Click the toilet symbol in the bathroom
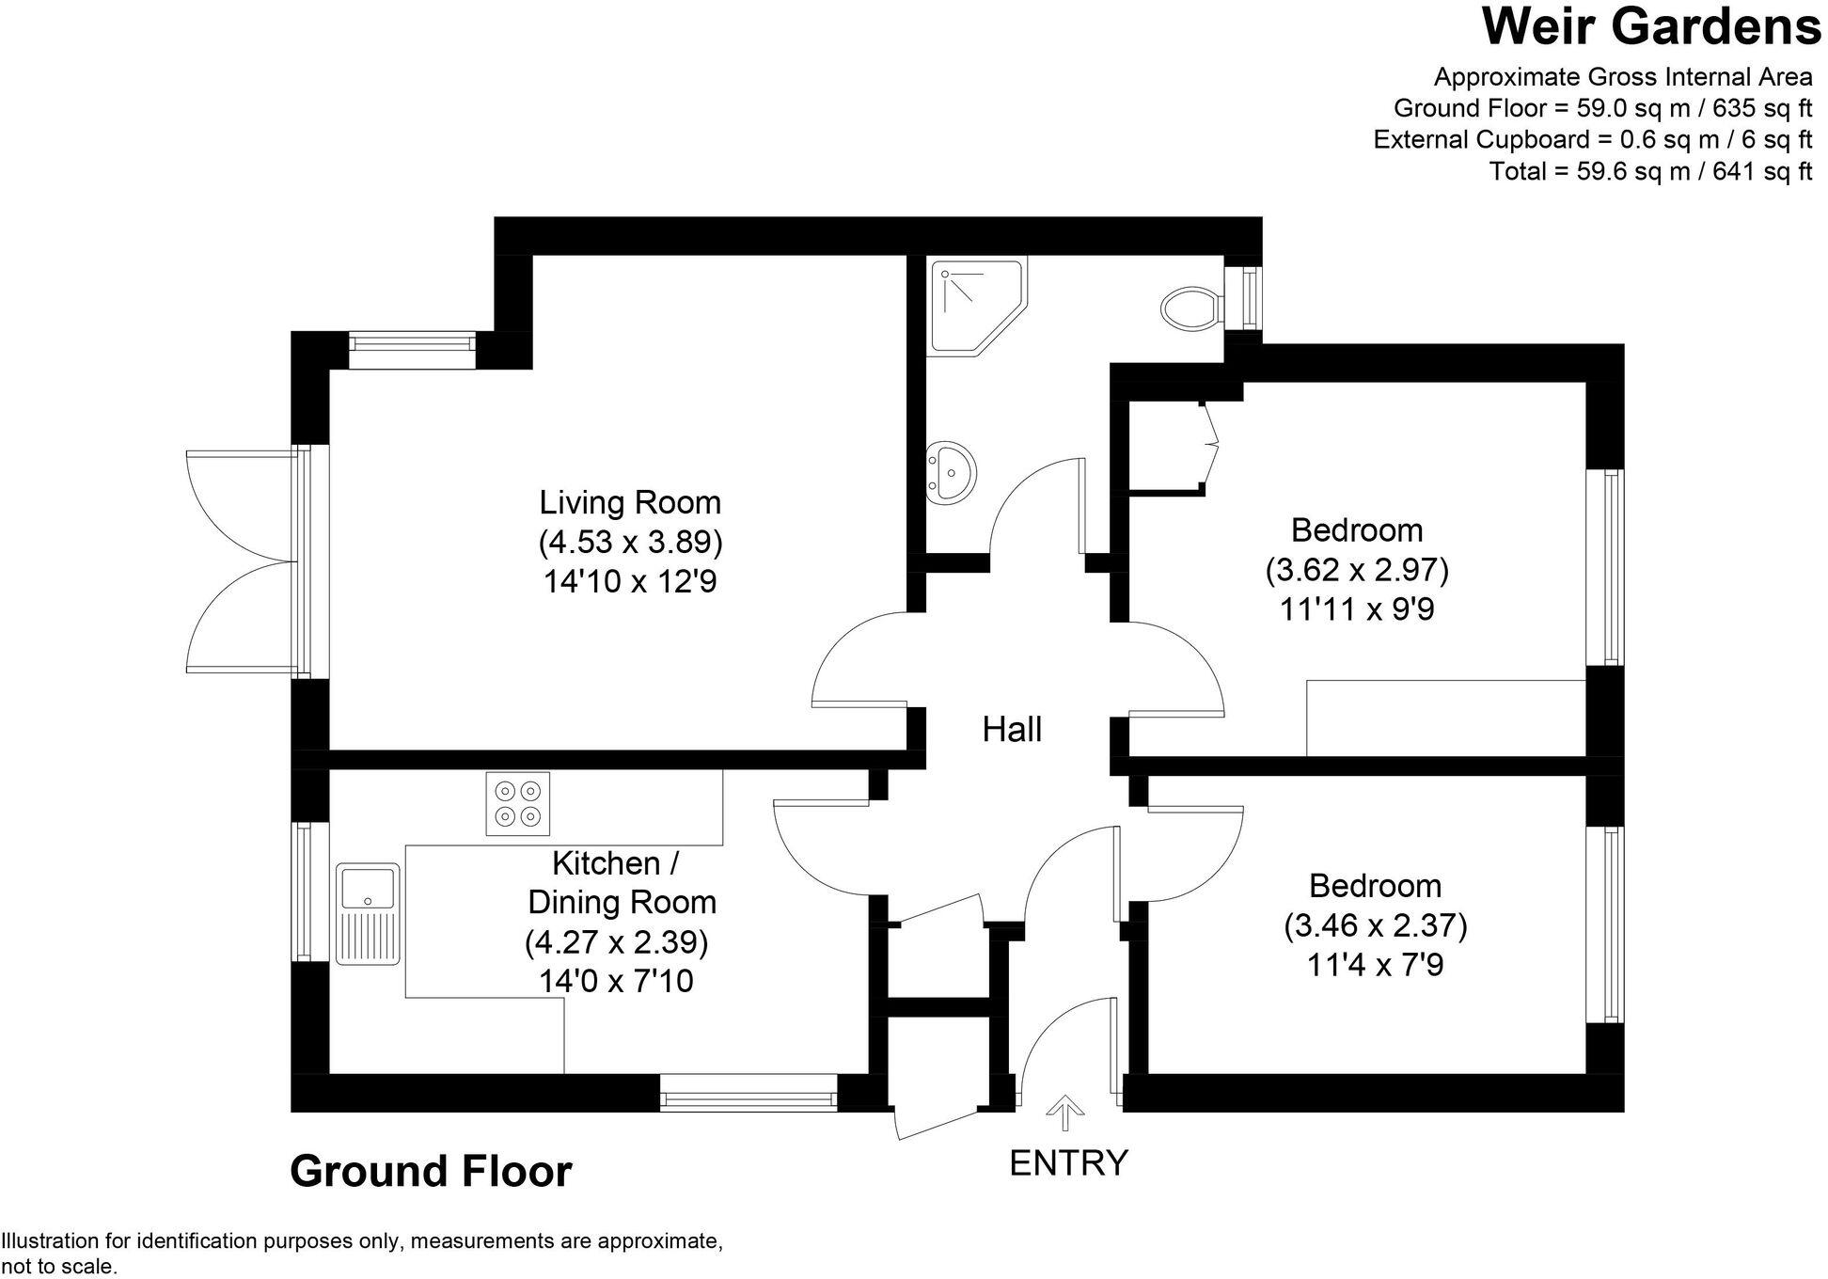tap(1190, 308)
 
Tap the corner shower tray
tap(974, 305)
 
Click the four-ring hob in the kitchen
tap(518, 803)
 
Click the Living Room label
tap(630, 502)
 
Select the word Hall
tap(1012, 730)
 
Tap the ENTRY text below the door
tap(1068, 1163)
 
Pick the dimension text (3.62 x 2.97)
tap(1356, 570)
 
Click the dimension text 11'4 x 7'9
tap(1375, 966)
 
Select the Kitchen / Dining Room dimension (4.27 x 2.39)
tap(616, 941)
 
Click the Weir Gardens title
tap(1652, 26)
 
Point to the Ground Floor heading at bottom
tap(431, 1172)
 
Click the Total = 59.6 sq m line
tap(1650, 171)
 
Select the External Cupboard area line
tap(1592, 139)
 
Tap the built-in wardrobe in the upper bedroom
tap(1166, 446)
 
